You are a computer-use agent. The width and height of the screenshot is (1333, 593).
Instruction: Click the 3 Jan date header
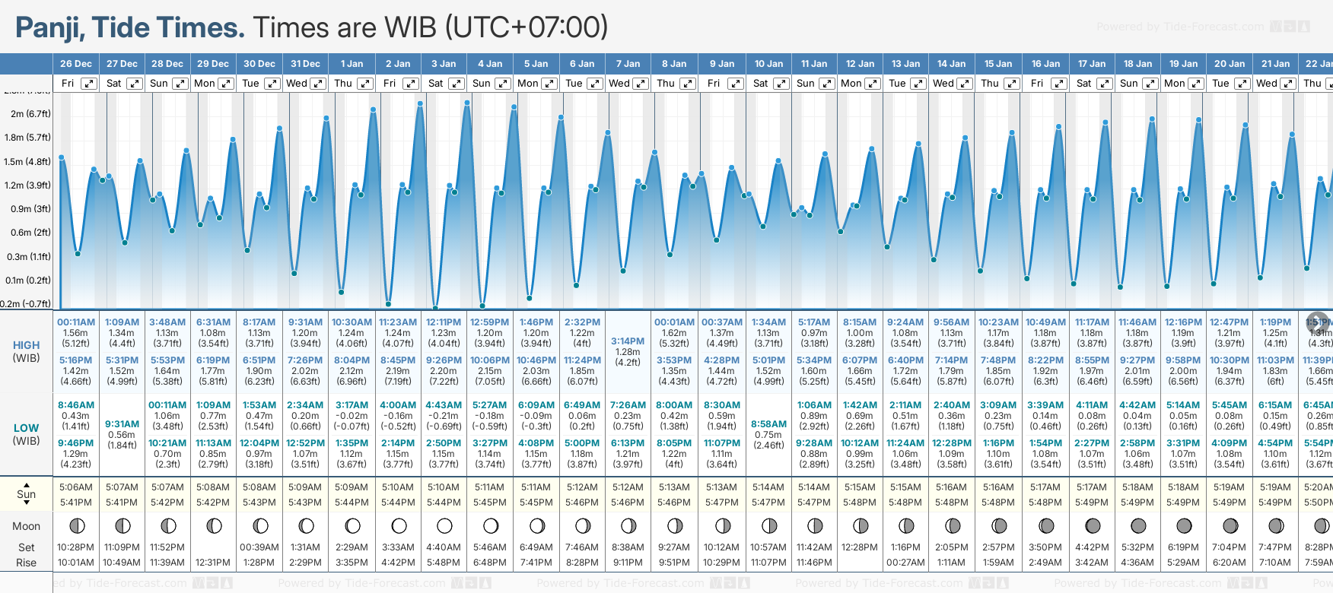[x=444, y=64]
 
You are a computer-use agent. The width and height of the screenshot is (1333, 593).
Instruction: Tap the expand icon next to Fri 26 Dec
[x=89, y=84]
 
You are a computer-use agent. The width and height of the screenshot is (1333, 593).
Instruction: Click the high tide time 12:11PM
[x=444, y=322]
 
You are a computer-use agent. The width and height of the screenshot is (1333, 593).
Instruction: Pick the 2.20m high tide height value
[x=444, y=371]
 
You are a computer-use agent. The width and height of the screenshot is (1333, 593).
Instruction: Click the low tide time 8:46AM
[x=76, y=405]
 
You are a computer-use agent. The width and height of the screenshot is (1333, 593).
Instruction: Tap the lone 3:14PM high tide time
[x=628, y=341]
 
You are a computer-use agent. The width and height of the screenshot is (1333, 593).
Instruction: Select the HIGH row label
[x=27, y=345]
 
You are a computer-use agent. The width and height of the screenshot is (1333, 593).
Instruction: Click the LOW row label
[x=27, y=428]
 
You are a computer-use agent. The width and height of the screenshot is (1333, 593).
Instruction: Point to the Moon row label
[x=27, y=526]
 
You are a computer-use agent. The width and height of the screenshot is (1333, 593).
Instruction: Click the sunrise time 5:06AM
[x=76, y=487]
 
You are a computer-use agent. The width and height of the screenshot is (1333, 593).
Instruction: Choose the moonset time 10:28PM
[x=76, y=547]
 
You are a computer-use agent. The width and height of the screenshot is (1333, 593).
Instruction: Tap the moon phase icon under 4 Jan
[x=491, y=525]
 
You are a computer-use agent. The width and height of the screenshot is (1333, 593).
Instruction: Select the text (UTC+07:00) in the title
[x=526, y=28]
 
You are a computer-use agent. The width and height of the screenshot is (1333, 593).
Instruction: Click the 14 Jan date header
[x=952, y=64]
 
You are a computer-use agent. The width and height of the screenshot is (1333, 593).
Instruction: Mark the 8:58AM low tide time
[x=768, y=424]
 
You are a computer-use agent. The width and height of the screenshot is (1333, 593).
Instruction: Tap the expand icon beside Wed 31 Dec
[x=319, y=84]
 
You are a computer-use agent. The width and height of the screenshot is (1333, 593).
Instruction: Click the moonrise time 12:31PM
[x=213, y=563]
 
